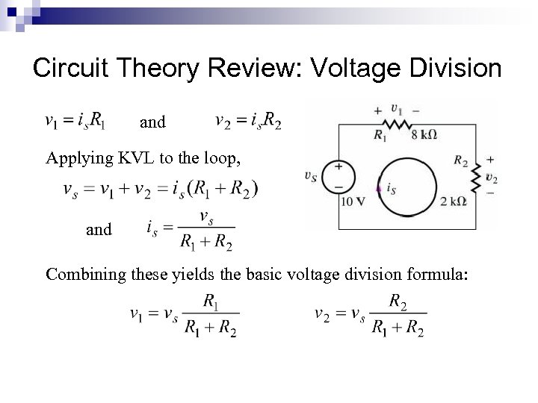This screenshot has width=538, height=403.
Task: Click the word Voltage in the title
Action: click(354, 69)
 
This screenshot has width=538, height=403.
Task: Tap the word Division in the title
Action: click(456, 69)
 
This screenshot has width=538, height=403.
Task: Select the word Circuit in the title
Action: click(72, 69)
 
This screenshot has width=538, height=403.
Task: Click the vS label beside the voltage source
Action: click(311, 176)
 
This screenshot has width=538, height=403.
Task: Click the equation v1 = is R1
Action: click(75, 120)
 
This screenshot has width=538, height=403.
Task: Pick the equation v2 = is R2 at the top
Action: click(247, 120)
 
